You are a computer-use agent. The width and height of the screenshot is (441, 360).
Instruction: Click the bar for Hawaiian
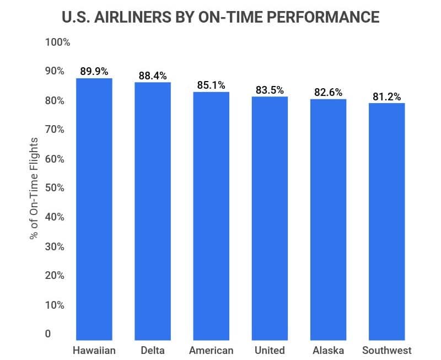(x=94, y=209)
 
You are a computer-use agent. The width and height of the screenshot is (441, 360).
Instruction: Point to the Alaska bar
(x=328, y=220)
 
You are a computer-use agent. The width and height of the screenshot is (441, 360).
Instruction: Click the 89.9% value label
(x=94, y=71)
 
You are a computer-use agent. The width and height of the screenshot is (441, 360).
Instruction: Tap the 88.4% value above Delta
(x=153, y=76)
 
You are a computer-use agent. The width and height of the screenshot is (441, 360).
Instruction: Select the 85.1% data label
(x=211, y=85)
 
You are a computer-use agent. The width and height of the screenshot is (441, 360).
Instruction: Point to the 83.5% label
(x=270, y=90)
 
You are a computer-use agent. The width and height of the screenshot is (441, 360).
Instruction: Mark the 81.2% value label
(x=387, y=96)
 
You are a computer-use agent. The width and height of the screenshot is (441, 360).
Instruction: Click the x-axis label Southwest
(x=387, y=351)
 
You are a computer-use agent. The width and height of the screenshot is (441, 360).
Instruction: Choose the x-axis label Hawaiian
(x=94, y=351)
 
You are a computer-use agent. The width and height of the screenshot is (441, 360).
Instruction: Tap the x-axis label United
(x=270, y=351)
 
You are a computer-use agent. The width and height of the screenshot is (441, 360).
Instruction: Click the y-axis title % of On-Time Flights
(x=35, y=188)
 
